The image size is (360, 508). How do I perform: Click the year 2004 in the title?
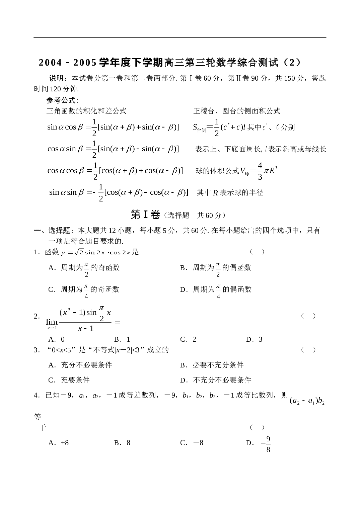click(50, 63)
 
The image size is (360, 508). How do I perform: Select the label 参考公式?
click(61, 100)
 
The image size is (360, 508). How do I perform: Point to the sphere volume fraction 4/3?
click(260, 171)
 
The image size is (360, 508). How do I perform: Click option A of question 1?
click(84, 269)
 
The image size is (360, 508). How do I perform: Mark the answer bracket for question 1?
click(257, 252)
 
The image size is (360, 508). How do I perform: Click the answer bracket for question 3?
click(308, 350)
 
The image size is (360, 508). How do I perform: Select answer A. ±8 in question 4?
click(58, 443)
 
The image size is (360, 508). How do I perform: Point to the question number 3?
click(35, 350)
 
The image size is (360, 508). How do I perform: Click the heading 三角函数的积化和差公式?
click(86, 111)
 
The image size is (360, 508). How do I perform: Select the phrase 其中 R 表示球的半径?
click(230, 192)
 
